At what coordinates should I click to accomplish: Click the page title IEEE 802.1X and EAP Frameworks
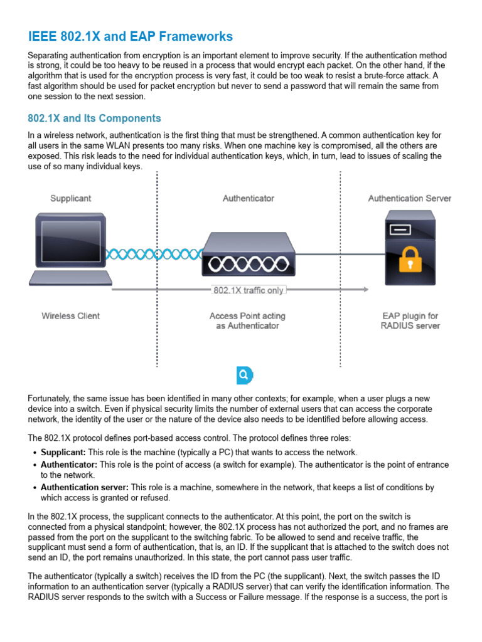click(131, 36)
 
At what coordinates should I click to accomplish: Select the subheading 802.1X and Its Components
click(94, 118)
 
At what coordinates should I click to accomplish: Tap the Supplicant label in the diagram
click(70, 198)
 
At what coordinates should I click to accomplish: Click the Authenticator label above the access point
click(249, 198)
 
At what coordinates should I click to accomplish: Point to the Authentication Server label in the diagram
click(409, 198)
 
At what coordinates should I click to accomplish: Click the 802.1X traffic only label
click(249, 290)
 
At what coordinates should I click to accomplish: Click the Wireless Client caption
click(70, 316)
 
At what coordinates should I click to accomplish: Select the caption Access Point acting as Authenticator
click(247, 321)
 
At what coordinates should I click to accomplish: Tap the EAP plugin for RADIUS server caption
click(410, 321)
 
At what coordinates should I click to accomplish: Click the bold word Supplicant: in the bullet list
click(63, 452)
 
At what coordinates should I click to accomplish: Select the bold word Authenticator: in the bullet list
click(69, 465)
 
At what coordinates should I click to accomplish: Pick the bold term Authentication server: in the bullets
click(84, 487)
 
